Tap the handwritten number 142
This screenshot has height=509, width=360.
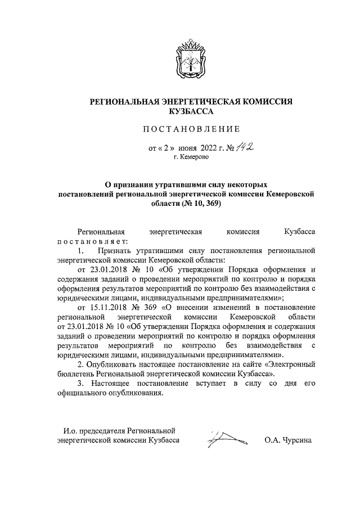[x=244, y=148]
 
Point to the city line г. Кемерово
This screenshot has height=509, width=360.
[x=191, y=159]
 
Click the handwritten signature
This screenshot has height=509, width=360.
[x=224, y=439]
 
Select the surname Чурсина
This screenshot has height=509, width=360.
[x=298, y=440]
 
